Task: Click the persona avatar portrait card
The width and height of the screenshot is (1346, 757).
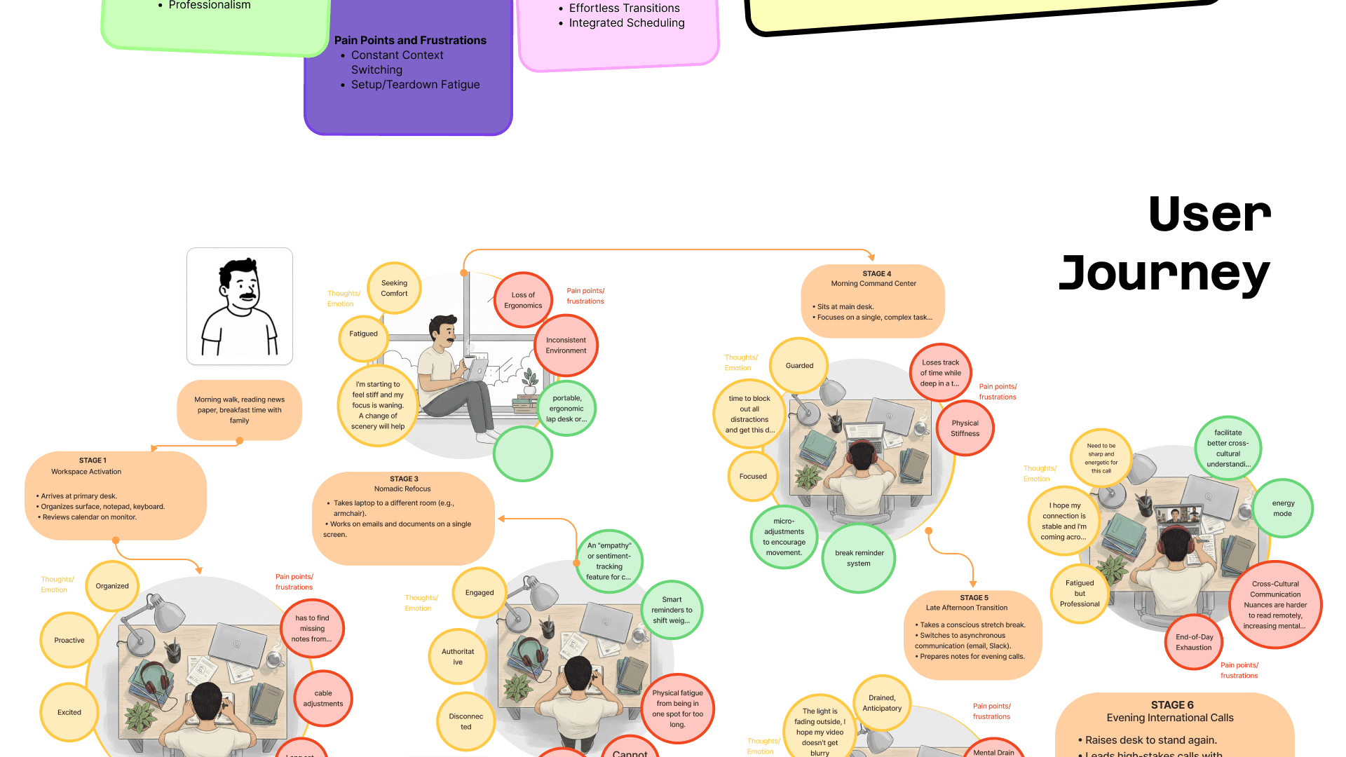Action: [x=240, y=306]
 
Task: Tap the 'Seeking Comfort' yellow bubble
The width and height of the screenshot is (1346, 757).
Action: [x=394, y=288]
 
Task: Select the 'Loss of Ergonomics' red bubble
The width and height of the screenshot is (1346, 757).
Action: [x=523, y=300]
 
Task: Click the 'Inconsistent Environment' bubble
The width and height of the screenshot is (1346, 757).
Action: [x=566, y=346]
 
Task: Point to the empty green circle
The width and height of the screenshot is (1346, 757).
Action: [x=523, y=453]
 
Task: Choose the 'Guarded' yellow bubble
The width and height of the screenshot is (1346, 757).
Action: [x=799, y=365]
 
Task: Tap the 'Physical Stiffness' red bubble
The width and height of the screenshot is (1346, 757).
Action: [x=965, y=428]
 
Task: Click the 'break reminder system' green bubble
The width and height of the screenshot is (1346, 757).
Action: [x=859, y=558]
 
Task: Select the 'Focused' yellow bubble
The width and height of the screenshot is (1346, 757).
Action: [x=753, y=476]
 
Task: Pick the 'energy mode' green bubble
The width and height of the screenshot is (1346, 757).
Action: [x=1283, y=508]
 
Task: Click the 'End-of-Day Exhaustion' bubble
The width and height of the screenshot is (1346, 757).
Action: [x=1194, y=642]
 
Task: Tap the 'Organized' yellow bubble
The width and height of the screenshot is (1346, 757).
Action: [x=112, y=586]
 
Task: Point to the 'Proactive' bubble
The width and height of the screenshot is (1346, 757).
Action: [x=69, y=640]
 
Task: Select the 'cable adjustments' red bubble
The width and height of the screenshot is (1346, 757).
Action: [x=323, y=698]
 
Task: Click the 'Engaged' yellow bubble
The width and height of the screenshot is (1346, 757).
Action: [x=480, y=592]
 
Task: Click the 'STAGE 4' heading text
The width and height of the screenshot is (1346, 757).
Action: [x=876, y=273]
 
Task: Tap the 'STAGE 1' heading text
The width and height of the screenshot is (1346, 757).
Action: [x=93, y=461]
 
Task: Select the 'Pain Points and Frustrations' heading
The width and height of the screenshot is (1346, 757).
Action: [x=410, y=41]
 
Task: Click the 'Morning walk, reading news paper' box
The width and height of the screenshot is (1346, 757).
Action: [x=239, y=410]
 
